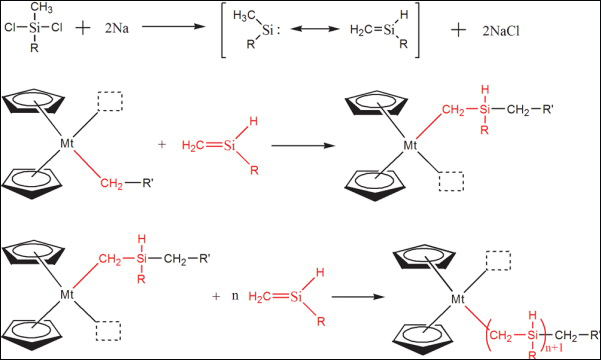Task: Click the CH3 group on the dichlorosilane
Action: [x=41, y=8]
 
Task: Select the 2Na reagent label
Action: [x=117, y=28]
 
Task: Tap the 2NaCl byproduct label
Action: [x=501, y=31]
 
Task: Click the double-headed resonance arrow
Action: [x=315, y=29]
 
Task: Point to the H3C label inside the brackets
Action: [x=244, y=16]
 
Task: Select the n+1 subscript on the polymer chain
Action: [x=553, y=348]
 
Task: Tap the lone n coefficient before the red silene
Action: [x=235, y=296]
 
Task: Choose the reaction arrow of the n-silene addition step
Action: [x=358, y=297]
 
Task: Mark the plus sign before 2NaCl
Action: [x=458, y=30]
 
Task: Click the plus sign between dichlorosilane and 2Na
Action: [x=83, y=28]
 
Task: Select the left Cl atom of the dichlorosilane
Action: [x=10, y=28]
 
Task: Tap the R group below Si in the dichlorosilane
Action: [x=34, y=48]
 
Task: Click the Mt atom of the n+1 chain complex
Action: [x=458, y=299]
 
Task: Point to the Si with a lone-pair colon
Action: [x=271, y=30]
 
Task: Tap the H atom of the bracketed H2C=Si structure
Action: [x=404, y=15]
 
